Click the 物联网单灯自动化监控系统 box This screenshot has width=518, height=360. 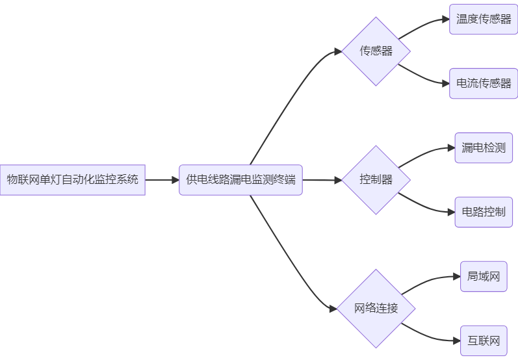coord(72,180)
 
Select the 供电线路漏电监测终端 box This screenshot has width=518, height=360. coord(240,180)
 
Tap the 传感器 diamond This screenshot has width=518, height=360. coord(376,51)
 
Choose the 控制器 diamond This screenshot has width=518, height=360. coord(376,180)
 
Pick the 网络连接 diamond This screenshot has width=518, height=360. coord(376,309)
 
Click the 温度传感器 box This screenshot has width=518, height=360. coord(484,19)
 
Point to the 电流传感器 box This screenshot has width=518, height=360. coord(484,84)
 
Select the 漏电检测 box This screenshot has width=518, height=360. coord(484,148)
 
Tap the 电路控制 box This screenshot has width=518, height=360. coord(484,212)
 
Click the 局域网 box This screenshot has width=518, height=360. coord(484,276)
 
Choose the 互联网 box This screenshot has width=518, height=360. coord(484,341)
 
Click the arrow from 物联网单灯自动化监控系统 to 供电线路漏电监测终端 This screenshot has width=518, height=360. coord(162,180)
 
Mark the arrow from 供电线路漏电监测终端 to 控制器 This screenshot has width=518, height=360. coord(322,180)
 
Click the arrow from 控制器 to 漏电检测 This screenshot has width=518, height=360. coord(426,153)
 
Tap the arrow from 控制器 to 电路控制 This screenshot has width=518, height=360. coord(426,207)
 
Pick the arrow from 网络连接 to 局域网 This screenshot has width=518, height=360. coord(430,281)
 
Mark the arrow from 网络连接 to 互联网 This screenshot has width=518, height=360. coord(430,335)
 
